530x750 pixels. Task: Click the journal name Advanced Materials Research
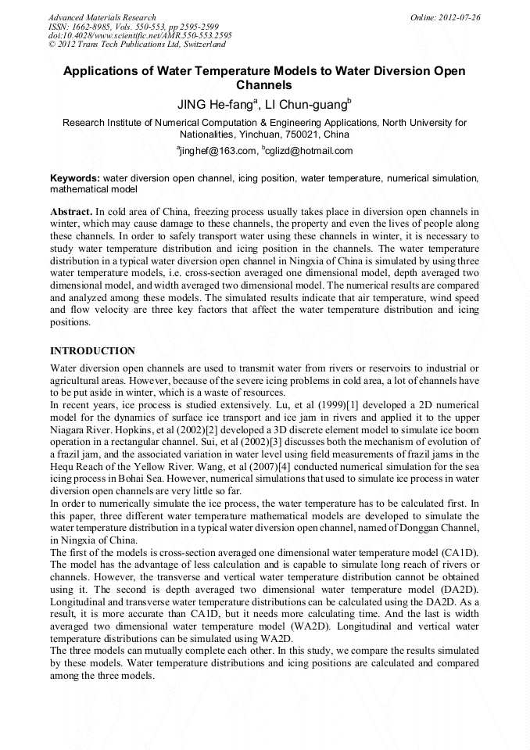point(102,17)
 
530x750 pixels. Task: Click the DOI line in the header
point(140,35)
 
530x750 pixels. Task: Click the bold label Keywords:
point(75,178)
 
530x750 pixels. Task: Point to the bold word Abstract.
point(71,212)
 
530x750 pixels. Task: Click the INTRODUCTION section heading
point(92,351)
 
